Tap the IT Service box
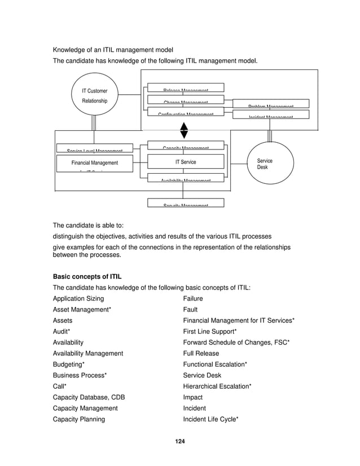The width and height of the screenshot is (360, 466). point(185,162)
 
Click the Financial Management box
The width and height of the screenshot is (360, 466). point(95,163)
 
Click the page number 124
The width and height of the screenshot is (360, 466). point(180,440)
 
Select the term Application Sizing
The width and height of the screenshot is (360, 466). point(78,298)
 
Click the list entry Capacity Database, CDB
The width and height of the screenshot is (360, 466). point(89,397)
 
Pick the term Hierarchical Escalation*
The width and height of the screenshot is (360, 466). point(217,386)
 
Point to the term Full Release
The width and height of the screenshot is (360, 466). point(201,354)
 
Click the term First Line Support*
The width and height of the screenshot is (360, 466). point(210,332)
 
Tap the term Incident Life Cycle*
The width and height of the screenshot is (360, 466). point(211,419)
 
